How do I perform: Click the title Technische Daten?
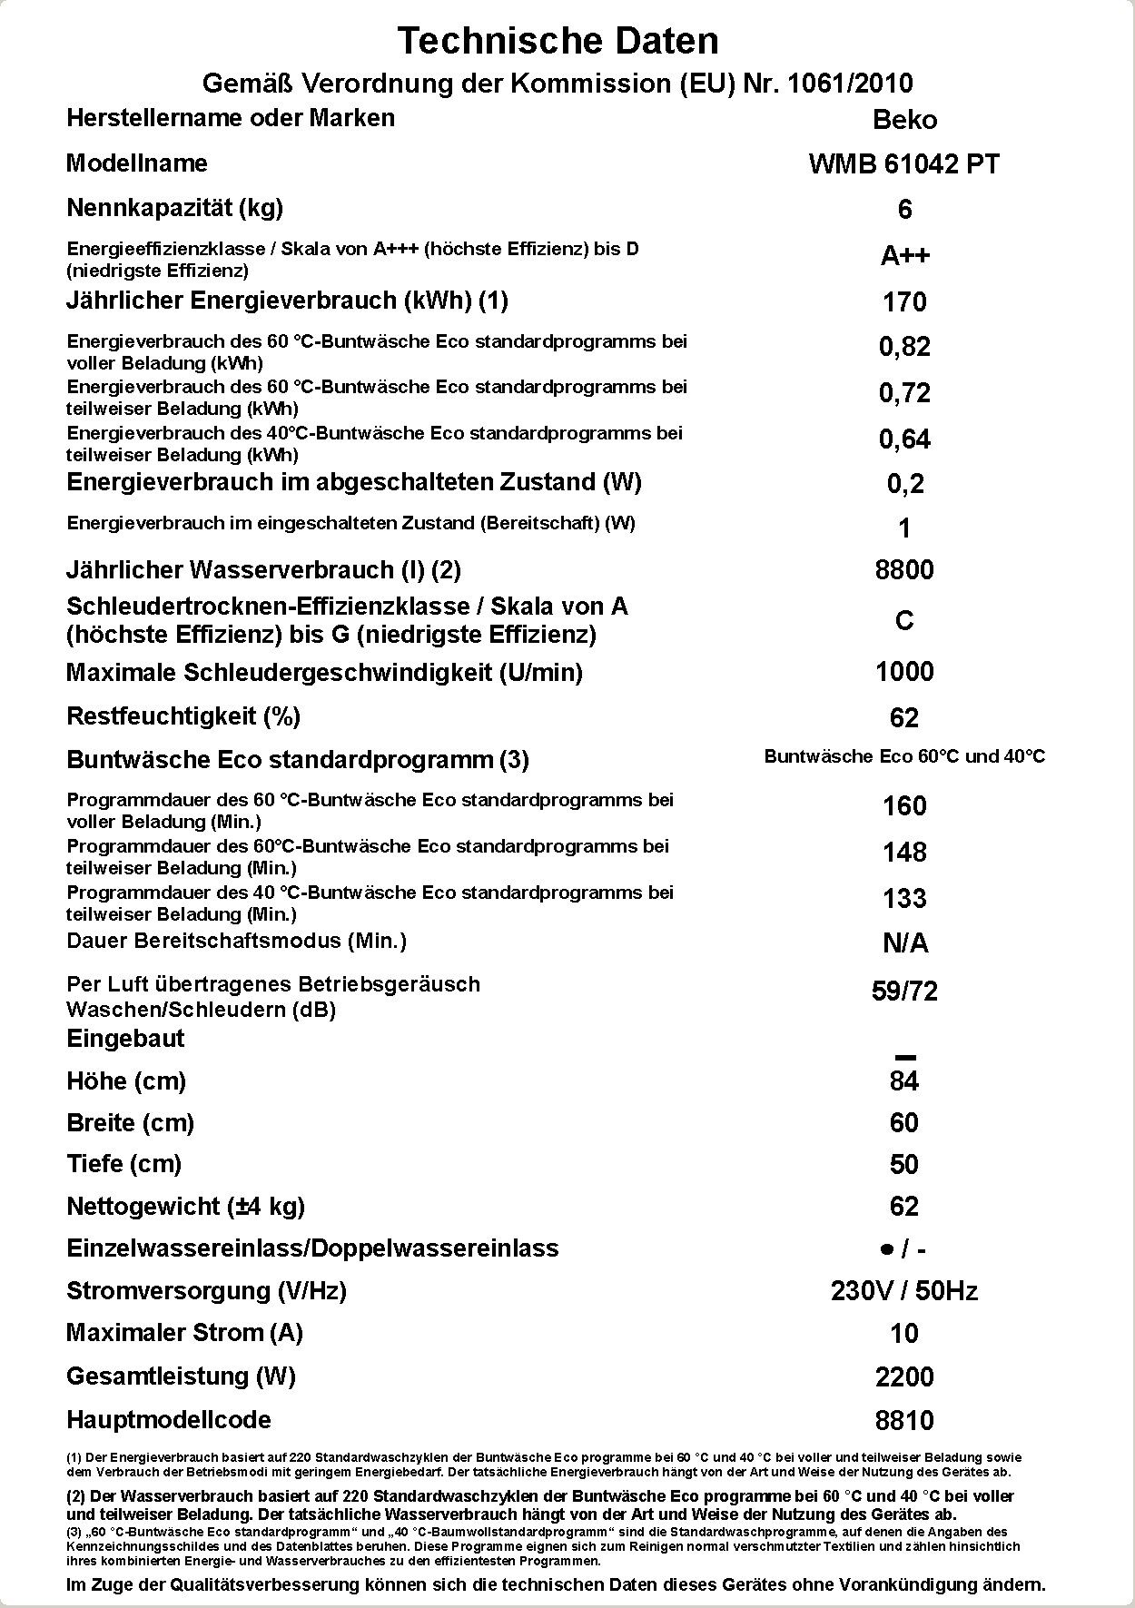coord(558,41)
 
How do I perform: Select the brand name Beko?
coord(904,120)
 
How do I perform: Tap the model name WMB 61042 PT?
coord(904,164)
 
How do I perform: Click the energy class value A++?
coord(904,256)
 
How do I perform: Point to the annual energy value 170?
coord(904,301)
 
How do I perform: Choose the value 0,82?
coord(904,347)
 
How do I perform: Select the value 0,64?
coord(904,439)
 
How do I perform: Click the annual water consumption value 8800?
coord(904,570)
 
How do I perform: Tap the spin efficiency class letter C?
coord(904,621)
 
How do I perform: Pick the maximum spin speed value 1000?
coord(904,672)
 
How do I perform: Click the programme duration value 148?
coord(904,853)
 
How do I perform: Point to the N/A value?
coord(904,944)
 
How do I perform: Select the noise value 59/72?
coord(904,991)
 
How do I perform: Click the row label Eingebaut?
coord(125,1039)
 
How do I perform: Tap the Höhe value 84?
coord(904,1081)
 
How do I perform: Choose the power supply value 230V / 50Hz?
coord(904,1291)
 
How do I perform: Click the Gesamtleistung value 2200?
coord(904,1377)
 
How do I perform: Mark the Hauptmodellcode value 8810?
coord(904,1421)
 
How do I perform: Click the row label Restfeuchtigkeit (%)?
coord(183,716)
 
